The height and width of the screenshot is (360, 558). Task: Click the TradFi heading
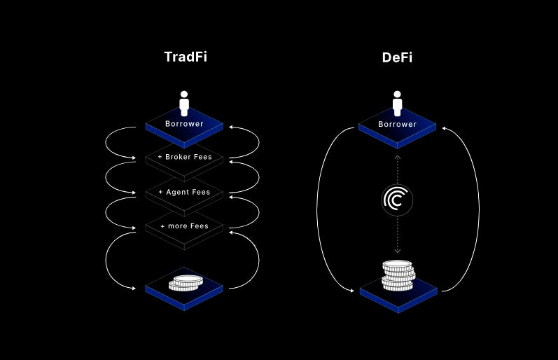[185, 57]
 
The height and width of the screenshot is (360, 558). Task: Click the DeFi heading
[397, 57]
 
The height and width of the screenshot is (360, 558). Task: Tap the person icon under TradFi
[184, 104]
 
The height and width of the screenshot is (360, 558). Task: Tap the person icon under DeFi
[398, 104]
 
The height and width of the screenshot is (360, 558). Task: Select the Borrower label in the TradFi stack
[184, 124]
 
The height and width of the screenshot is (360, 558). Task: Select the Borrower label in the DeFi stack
[397, 124]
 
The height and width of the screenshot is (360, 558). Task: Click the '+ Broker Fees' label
[184, 157]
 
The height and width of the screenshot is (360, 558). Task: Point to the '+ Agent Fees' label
[184, 192]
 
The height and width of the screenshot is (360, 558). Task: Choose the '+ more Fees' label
[184, 226]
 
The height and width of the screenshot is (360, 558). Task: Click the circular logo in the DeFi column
[397, 200]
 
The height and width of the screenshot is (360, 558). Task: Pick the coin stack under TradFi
[186, 283]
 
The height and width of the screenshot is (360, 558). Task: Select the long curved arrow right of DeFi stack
[477, 210]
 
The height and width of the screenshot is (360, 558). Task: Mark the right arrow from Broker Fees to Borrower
[258, 143]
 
